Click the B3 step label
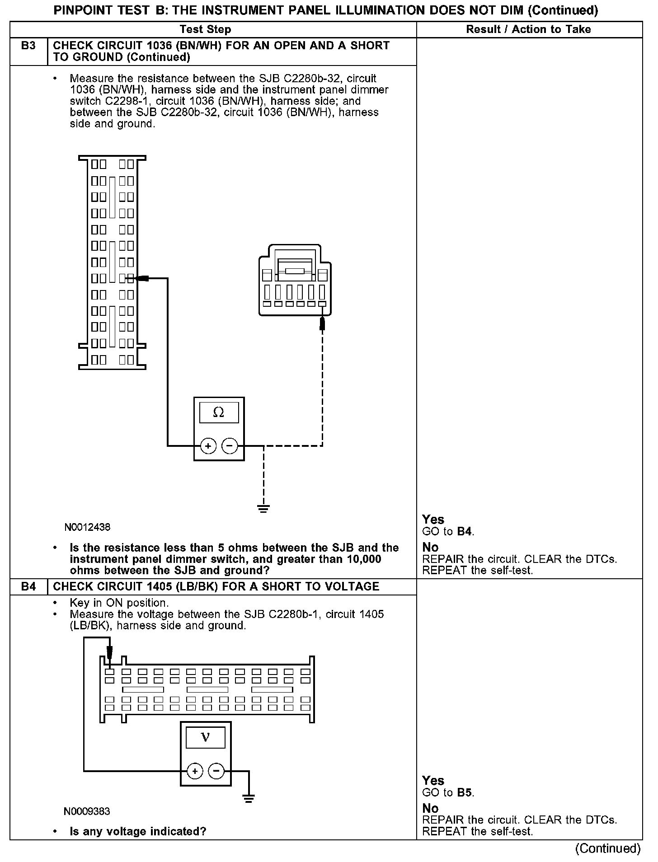click(28, 46)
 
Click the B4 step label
click(28, 586)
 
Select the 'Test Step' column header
click(205, 29)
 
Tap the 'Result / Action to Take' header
click(528, 29)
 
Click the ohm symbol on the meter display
click(218, 412)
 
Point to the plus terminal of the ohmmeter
click(208, 446)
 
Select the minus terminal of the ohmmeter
click(230, 446)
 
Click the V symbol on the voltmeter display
click(205, 737)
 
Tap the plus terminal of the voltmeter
click(195, 771)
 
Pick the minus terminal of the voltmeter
click(216, 771)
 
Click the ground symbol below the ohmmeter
click(263, 509)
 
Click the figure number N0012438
click(87, 527)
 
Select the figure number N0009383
click(87, 811)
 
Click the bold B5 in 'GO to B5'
click(465, 792)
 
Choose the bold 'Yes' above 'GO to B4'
click(433, 519)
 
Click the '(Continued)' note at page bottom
click(608, 848)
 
